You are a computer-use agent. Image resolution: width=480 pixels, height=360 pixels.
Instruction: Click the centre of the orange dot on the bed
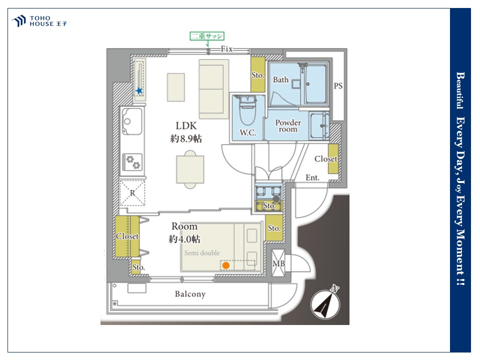pos(225,265)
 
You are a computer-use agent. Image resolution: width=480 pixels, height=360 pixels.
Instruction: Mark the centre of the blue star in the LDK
pos(139,90)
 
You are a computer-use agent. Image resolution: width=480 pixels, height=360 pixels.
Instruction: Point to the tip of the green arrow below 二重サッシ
pos(207,47)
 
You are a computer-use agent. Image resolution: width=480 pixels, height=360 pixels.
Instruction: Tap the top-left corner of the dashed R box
pos(120,180)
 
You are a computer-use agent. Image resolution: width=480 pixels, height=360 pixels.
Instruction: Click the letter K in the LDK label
pos(192,126)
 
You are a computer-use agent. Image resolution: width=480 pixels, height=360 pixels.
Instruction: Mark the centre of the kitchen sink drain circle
pos(127,121)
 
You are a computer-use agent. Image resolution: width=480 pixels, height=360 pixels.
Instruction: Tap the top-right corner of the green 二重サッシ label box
pos(224,32)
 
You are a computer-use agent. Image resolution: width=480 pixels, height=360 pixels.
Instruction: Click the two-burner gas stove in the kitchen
pos(133,162)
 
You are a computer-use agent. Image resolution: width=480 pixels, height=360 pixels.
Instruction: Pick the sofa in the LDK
pos(213,89)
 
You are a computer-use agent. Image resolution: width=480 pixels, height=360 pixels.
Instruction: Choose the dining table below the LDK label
pos(190,169)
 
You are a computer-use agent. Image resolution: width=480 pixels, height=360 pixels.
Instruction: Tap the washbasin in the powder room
pos(319,126)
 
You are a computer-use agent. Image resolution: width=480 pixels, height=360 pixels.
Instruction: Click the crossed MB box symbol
pos(278,263)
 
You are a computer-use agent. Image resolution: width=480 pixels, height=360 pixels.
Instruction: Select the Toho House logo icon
pos(19,21)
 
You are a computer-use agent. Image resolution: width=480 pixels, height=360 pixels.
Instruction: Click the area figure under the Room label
pos(184,239)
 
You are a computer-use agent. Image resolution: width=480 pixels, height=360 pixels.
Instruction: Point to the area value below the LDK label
pos(186,138)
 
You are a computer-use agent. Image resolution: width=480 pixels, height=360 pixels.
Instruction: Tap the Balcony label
pos(190,294)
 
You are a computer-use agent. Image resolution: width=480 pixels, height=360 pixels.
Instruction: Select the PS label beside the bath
pos(338,86)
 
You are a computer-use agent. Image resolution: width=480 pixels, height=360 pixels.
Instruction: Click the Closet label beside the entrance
pos(325,159)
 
